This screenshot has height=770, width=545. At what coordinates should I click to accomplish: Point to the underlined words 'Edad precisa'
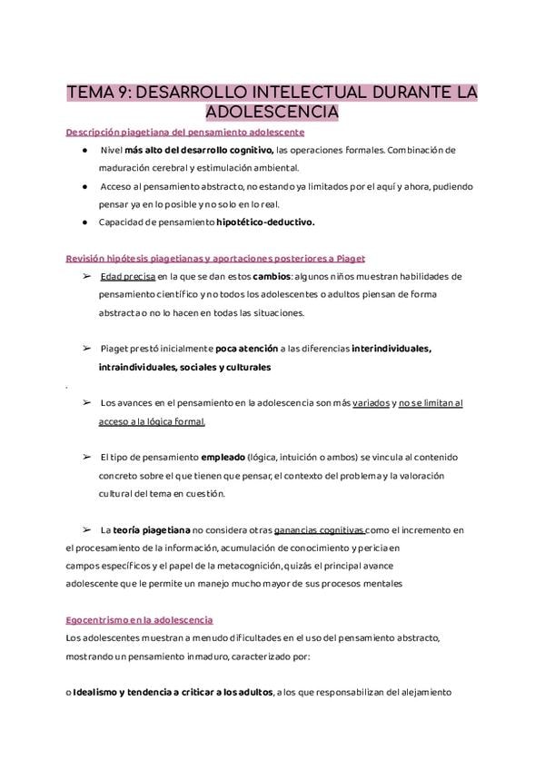tap(127, 276)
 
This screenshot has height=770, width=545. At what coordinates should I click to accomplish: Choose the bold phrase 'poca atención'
tap(250, 349)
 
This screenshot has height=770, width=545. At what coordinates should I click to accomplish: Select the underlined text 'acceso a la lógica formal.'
tap(153, 421)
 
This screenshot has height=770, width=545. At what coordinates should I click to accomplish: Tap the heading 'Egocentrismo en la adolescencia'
tap(140, 620)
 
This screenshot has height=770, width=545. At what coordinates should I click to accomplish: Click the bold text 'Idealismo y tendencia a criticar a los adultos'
tap(173, 693)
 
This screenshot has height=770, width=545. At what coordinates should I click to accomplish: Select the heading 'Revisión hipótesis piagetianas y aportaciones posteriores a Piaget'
tap(215, 258)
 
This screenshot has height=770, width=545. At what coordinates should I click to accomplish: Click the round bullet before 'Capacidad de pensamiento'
tap(84, 221)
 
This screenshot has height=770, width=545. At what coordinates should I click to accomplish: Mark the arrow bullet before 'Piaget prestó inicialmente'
tap(86, 349)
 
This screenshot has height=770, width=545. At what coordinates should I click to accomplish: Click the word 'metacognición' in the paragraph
tap(331, 566)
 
